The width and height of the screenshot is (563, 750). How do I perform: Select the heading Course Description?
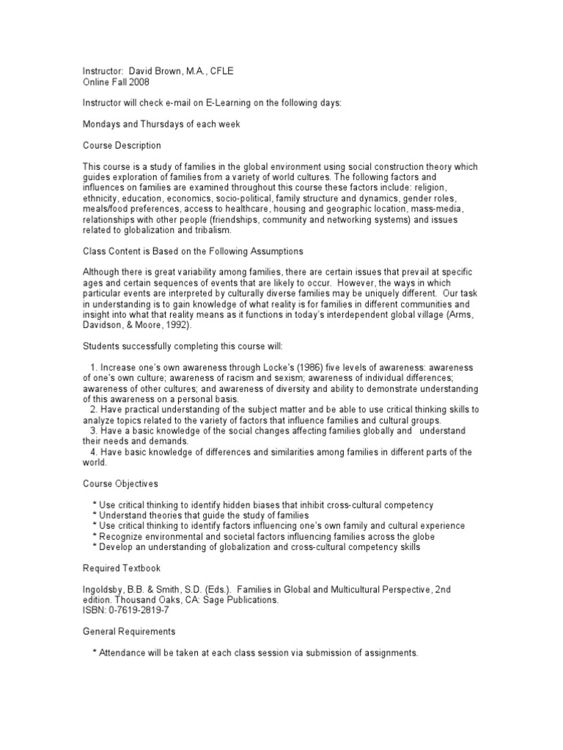pyautogui.click(x=122, y=146)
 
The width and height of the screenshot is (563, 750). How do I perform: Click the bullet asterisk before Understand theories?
pyautogui.click(x=95, y=516)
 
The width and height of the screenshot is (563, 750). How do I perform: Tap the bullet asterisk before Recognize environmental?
pyautogui.click(x=95, y=537)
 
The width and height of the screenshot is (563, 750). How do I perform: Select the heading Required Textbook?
pyautogui.click(x=121, y=568)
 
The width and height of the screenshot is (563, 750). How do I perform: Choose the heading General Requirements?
pyautogui.click(x=128, y=631)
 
